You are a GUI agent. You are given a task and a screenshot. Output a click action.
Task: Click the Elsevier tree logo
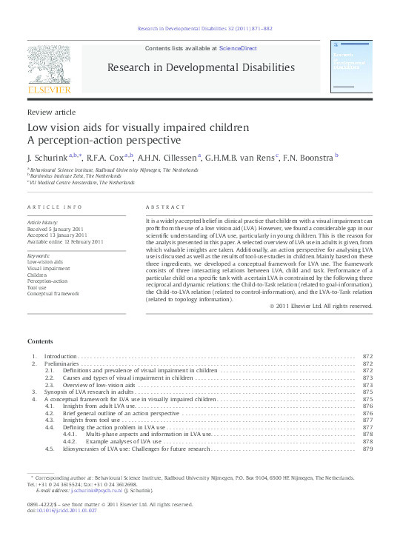49,67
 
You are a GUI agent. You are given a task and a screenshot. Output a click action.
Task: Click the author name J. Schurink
46,157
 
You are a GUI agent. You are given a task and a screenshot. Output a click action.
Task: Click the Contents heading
40,341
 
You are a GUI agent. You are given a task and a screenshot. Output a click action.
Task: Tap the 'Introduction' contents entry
61,357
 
